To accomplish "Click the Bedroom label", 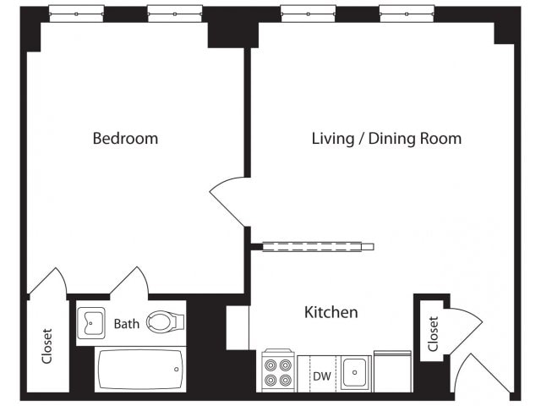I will click(125, 138).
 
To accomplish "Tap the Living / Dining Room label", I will click(386, 138).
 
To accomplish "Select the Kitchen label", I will click(331, 312).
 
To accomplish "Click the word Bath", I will click(127, 323).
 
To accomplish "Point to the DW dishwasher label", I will click(321, 375).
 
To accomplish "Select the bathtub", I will click(140, 370).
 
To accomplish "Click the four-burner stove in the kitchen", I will click(276, 371).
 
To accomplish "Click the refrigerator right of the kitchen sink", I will click(392, 370).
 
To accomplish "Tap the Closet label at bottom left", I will click(46, 347).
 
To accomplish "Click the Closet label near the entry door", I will click(433, 333).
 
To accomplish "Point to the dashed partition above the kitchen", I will click(318, 247).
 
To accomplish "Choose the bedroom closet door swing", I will click(49, 283).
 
